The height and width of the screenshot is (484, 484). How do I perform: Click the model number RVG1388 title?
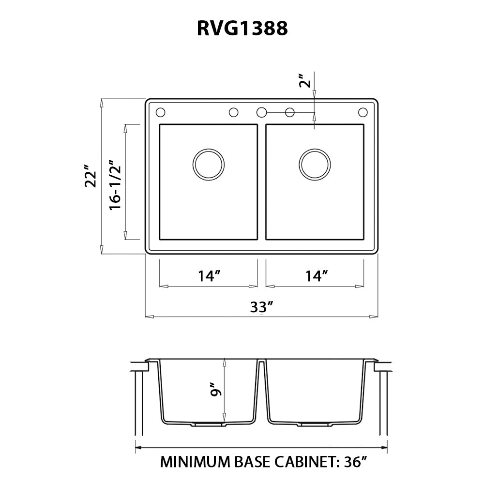pos(242,29)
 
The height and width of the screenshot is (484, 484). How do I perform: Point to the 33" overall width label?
pos(262,307)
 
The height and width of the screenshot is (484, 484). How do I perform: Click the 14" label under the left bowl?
pos(209,276)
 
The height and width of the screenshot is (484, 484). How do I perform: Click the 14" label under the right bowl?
pos(317,276)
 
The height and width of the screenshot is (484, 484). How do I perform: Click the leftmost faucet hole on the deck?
pos(161,112)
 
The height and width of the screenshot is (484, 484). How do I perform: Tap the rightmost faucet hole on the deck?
pos(363,112)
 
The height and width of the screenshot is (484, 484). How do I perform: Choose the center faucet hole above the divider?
pos(261,112)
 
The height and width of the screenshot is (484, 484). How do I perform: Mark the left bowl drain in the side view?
pos(209,424)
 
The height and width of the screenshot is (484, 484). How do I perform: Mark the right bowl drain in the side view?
pos(315,424)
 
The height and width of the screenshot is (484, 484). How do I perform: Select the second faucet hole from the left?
pos(233,112)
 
